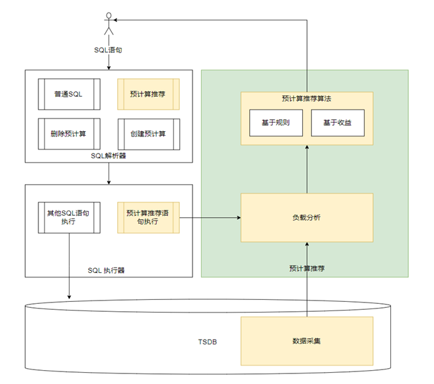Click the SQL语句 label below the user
click(x=108, y=50)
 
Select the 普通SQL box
click(x=69, y=94)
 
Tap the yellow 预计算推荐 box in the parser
click(x=148, y=94)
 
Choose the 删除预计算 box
click(x=69, y=134)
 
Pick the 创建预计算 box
click(x=148, y=134)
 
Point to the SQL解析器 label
click(x=108, y=156)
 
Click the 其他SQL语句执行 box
click(x=69, y=217)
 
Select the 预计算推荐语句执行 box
click(x=148, y=217)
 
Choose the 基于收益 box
click(x=337, y=122)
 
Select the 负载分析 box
click(x=306, y=217)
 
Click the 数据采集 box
click(x=306, y=341)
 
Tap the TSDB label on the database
click(x=208, y=343)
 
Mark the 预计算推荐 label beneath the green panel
click(x=306, y=269)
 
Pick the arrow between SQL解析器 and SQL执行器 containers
click(x=108, y=173)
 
